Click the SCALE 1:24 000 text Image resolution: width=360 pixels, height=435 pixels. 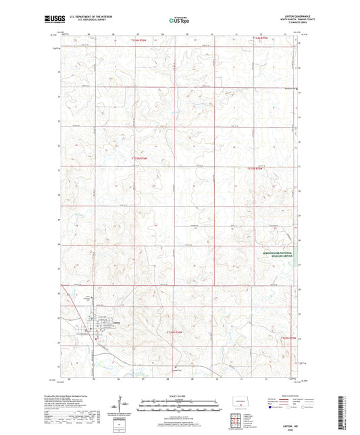(179, 396)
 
